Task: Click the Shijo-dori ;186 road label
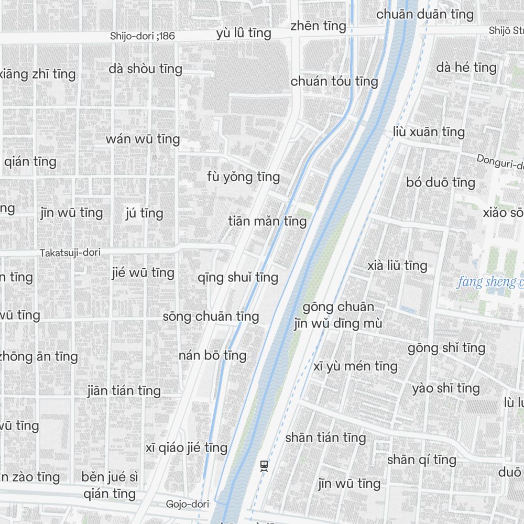[x=142, y=36]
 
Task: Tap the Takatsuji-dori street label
[x=70, y=253]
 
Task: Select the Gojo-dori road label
[x=187, y=504]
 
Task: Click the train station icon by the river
[x=264, y=465]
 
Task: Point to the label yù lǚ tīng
[x=244, y=34]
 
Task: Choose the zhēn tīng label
[x=318, y=26]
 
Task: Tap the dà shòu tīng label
[x=146, y=69]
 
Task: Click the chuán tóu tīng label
[x=334, y=81]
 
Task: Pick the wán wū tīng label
[x=143, y=139]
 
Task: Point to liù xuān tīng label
[x=429, y=132]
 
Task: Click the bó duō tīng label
[x=441, y=182]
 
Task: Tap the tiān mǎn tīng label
[x=267, y=221]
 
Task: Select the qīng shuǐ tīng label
[x=238, y=277]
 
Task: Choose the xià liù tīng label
[x=398, y=266]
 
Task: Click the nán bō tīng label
[x=212, y=355]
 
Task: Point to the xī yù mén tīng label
[x=355, y=366]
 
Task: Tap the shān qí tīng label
[x=421, y=460]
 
